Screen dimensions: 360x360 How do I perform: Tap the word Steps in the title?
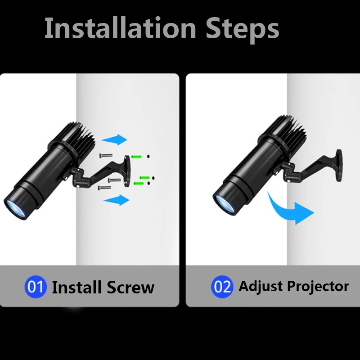[x=243, y=29]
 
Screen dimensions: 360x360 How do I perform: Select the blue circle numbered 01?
[x=36, y=287]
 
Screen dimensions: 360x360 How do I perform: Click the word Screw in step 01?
[x=131, y=287]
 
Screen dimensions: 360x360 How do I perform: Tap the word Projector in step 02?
[x=319, y=286]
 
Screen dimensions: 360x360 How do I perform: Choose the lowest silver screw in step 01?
[x=104, y=187]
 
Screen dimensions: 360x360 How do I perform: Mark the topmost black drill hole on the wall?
[x=148, y=157]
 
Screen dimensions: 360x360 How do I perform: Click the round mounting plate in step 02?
[x=336, y=163]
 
